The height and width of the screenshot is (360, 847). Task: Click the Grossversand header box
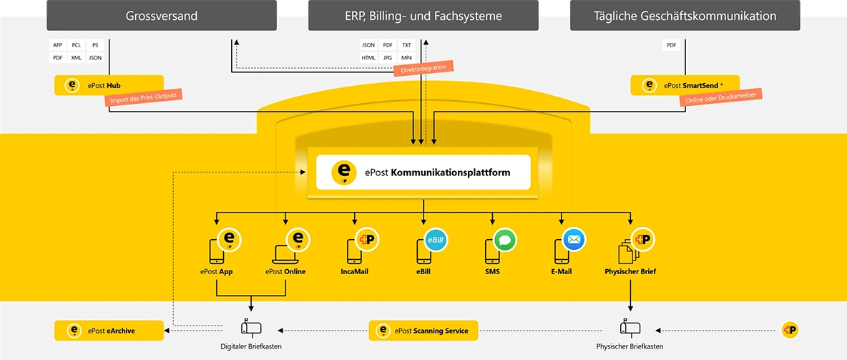pyautogui.click(x=161, y=16)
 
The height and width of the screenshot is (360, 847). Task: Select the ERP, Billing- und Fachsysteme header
pyautogui.click(x=423, y=16)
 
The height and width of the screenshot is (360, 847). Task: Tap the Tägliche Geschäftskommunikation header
pyautogui.click(x=685, y=16)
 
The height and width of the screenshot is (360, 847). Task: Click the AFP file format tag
pyautogui.click(x=58, y=45)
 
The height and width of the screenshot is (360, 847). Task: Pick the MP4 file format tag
pyautogui.click(x=406, y=57)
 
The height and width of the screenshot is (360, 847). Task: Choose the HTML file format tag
pyautogui.click(x=368, y=57)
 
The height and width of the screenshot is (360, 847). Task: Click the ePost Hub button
pyautogui.click(x=109, y=86)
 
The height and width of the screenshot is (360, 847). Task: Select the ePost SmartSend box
pyautogui.click(x=685, y=86)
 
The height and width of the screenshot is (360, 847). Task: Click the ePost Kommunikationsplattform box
pyautogui.click(x=423, y=172)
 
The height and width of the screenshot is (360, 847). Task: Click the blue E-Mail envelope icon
pyautogui.click(x=574, y=240)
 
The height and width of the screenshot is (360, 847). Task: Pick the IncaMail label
pyautogui.click(x=355, y=272)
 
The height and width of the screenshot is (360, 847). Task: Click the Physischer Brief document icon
pyautogui.click(x=628, y=252)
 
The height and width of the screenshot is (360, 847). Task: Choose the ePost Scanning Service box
pyautogui.click(x=423, y=331)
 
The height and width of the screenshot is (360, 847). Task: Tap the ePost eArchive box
pyautogui.click(x=109, y=331)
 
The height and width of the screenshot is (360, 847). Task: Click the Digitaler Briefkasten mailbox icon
pyautogui.click(x=251, y=328)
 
